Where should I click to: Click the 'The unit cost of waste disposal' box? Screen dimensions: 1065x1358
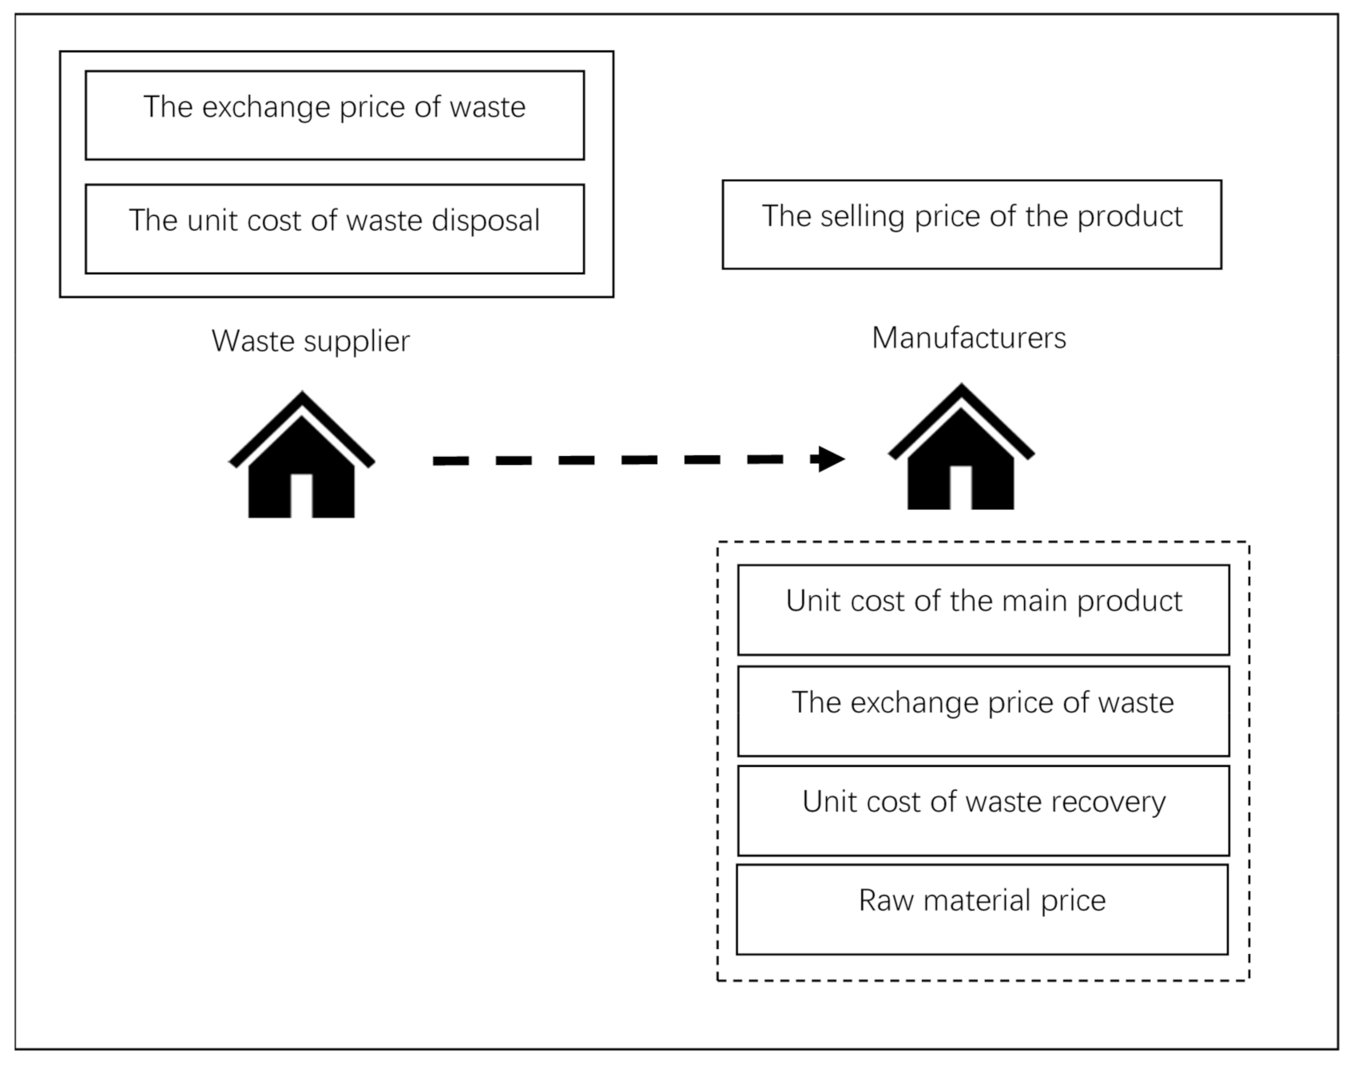pos(334,229)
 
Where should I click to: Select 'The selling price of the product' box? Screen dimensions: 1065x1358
pos(971,225)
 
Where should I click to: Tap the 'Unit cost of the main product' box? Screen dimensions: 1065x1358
pos(983,610)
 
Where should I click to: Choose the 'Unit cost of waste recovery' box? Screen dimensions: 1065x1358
pos(983,811)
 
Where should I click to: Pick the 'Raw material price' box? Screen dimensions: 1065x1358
pos(982,909)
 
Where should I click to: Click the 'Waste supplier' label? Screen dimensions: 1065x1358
pos(310,341)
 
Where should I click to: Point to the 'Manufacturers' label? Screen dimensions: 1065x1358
pos(968,338)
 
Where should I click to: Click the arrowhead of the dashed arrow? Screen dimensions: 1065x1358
pos(829,459)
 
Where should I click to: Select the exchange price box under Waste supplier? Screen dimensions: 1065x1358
pos(334,115)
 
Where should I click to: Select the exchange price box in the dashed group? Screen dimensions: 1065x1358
pos(983,711)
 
